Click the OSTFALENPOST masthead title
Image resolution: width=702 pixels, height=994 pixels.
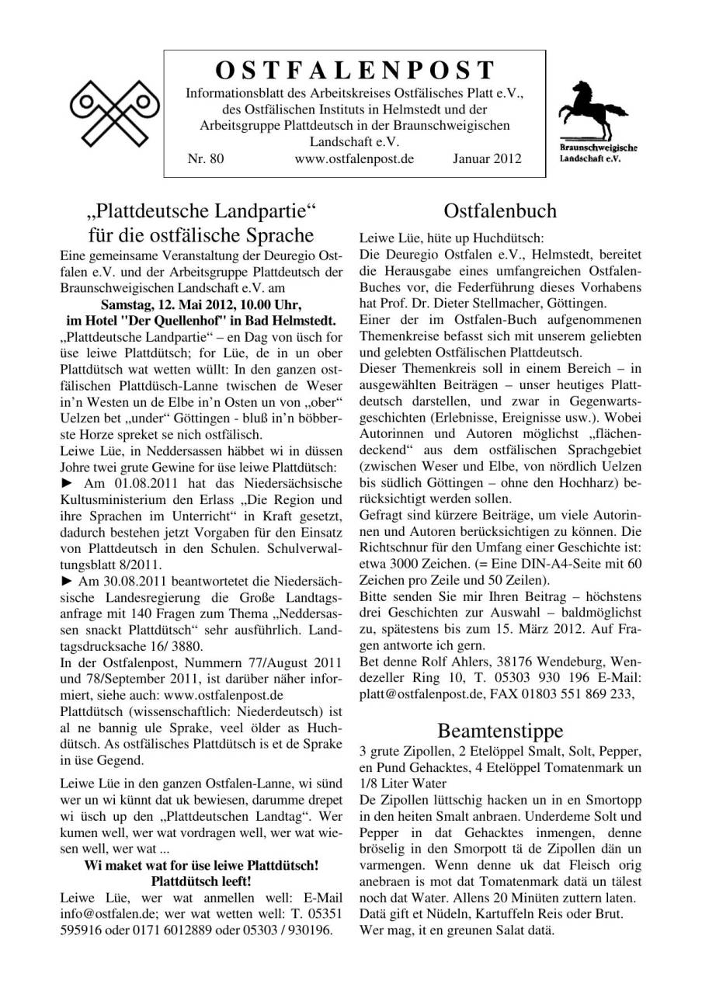pyautogui.click(x=354, y=71)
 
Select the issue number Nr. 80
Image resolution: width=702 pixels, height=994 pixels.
pyautogui.click(x=206, y=158)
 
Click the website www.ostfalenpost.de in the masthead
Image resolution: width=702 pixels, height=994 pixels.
pyautogui.click(x=354, y=158)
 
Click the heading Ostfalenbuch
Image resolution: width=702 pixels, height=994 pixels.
pyautogui.click(x=500, y=211)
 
